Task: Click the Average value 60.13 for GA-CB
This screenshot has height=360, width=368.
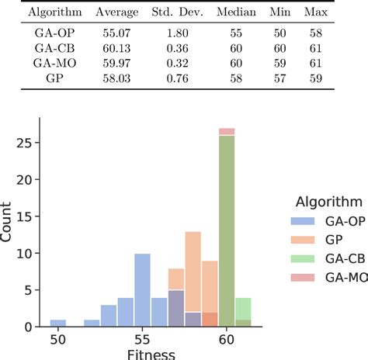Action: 116,48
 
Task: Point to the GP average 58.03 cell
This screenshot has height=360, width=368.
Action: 116,78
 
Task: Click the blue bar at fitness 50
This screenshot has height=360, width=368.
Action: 58,323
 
